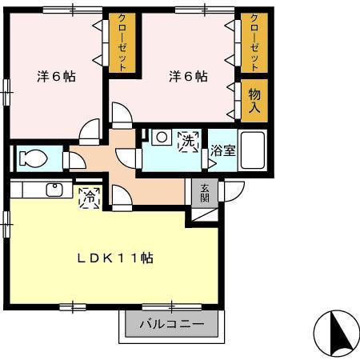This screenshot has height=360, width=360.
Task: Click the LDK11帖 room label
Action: [116, 258]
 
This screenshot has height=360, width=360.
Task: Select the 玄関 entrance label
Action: [205, 192]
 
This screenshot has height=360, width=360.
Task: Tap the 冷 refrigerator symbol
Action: [90, 195]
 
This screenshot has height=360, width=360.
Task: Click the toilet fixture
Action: [32, 158]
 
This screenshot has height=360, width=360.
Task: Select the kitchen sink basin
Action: [54, 190]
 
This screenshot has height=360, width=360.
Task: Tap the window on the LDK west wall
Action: [7, 219]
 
